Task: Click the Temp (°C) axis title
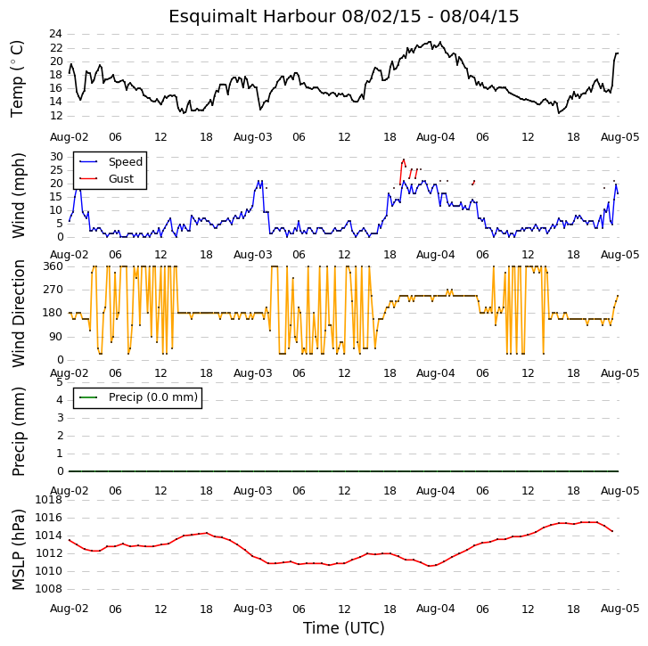tap(17, 79)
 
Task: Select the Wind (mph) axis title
tap(19, 195)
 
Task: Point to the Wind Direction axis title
tap(19, 314)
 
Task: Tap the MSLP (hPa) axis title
tap(19, 550)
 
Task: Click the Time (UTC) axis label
tap(344, 628)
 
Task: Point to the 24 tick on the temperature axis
tap(56, 34)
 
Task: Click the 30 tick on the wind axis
tap(56, 157)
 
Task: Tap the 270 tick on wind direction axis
tap(53, 290)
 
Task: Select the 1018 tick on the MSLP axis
tap(48, 500)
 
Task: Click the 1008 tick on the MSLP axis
tap(48, 589)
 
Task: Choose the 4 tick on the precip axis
tap(60, 400)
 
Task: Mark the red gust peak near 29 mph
tap(404, 159)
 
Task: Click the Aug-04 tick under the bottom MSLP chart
tap(435, 609)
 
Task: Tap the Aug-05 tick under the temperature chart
tap(619, 136)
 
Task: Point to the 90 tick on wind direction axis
tap(56, 337)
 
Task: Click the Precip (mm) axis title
tap(19, 431)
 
